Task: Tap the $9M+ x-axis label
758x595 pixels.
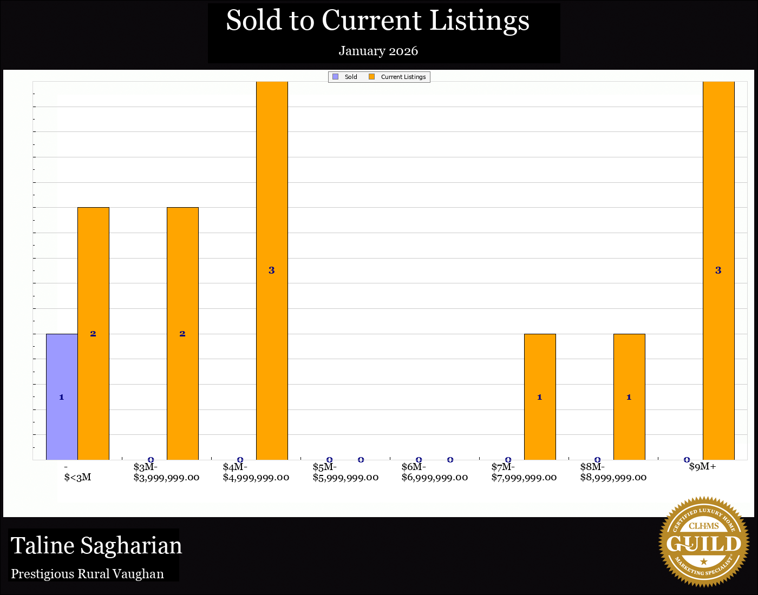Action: click(702, 467)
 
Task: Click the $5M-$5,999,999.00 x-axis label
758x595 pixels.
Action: click(345, 472)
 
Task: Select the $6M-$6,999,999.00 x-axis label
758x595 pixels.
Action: click(435, 472)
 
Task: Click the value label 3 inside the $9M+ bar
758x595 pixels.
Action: click(718, 270)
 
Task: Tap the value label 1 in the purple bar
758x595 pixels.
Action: click(62, 397)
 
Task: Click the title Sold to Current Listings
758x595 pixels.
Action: click(377, 21)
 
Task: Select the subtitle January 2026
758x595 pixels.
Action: click(378, 51)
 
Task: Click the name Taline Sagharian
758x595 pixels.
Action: click(96, 545)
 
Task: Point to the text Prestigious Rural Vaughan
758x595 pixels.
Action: click(88, 574)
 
